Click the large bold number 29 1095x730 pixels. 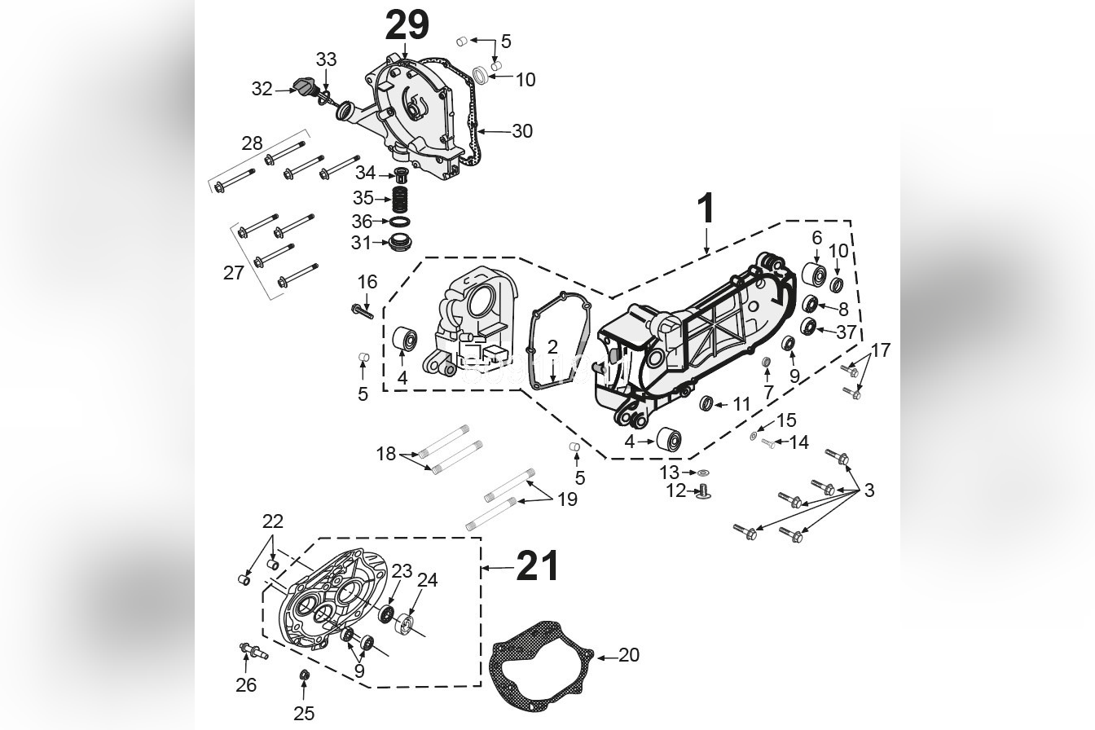coord(407,25)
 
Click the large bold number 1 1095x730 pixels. coord(706,209)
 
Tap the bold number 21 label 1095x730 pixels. coord(538,566)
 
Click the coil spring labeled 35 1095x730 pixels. coord(399,198)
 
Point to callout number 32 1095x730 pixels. coord(262,89)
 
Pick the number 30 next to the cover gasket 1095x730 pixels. coord(521,130)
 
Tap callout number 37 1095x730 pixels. coord(846,332)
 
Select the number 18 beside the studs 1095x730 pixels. coord(385,454)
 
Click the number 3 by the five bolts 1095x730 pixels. coord(869,490)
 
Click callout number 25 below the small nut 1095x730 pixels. coord(304,714)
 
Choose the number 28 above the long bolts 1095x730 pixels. coord(252,143)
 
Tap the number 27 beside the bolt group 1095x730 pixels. coord(234,273)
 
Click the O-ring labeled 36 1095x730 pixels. coord(400,222)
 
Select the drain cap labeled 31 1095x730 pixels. coord(399,243)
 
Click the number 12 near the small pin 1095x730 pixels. coord(676,491)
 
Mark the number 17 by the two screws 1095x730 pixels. coord(880,350)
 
